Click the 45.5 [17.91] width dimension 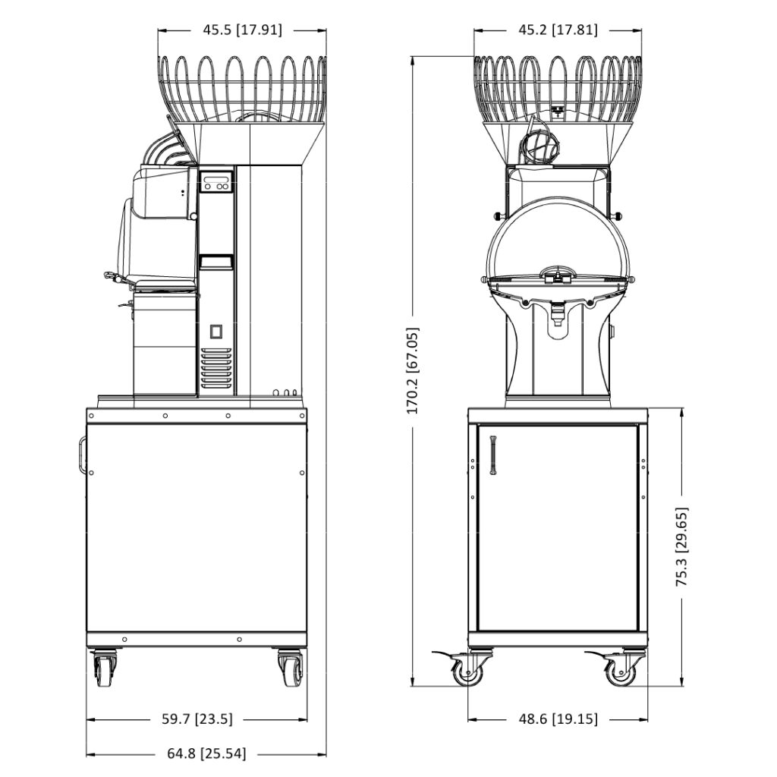(x=242, y=30)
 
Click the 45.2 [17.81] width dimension (x=558, y=30)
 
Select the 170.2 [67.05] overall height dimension (x=413, y=370)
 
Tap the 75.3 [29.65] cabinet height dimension (x=682, y=546)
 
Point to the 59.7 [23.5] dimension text (x=197, y=719)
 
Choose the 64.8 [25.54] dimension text (x=207, y=753)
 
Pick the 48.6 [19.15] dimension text (x=558, y=719)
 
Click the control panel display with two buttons (x=216, y=182)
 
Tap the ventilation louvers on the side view (x=216, y=368)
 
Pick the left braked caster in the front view (x=466, y=668)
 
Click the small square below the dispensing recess (x=215, y=332)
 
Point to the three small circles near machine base (x=285, y=393)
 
